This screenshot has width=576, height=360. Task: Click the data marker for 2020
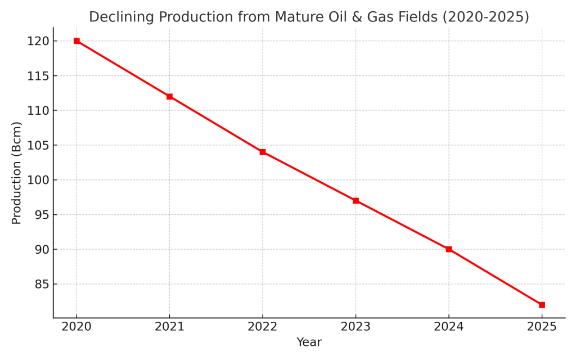[76, 41]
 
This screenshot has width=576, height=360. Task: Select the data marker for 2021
[169, 97]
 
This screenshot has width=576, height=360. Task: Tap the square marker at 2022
[263, 152]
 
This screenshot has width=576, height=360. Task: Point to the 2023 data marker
[355, 201]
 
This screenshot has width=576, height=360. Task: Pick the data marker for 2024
[449, 249]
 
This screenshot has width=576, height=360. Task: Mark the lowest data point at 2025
[542, 305]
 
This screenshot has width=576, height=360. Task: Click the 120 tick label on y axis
[38, 41]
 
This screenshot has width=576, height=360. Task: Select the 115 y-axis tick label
[38, 76]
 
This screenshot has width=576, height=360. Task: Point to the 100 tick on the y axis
[38, 180]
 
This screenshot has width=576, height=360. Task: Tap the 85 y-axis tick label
[41, 284]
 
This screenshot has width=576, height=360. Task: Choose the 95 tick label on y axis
[41, 215]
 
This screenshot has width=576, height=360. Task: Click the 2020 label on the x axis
[76, 327]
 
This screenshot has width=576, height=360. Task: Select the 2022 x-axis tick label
[263, 327]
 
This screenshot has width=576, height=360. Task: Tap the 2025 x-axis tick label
[542, 327]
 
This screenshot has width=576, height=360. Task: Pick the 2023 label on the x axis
[355, 327]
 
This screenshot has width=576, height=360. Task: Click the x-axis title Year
[309, 343]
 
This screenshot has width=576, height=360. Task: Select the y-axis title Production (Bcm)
[17, 173]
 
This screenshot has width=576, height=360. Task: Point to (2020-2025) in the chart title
[486, 17]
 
